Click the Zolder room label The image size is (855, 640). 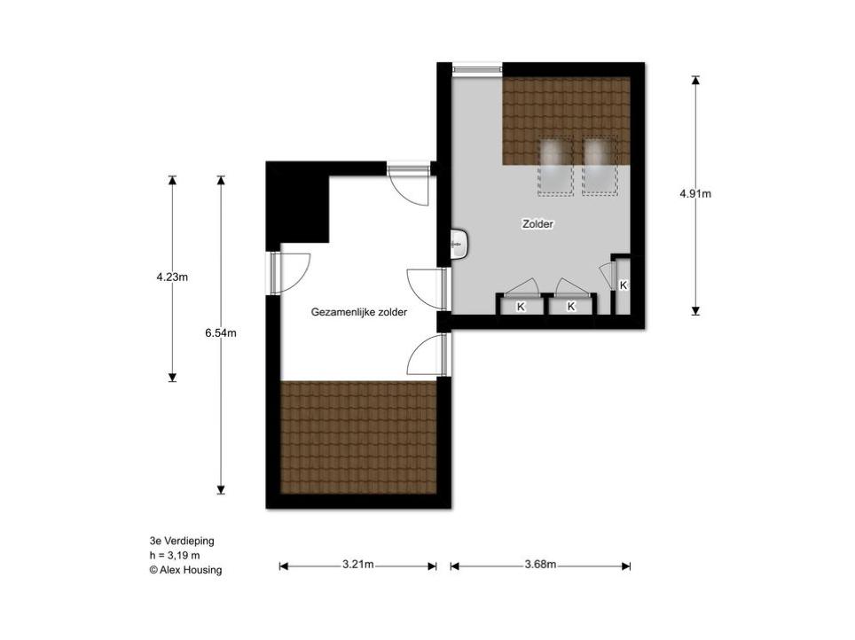point(537,224)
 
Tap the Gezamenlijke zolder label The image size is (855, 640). point(359,312)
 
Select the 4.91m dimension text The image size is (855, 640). point(695,193)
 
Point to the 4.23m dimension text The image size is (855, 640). point(172,277)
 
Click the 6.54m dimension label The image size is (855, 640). point(221,332)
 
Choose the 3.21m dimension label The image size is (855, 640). point(358,565)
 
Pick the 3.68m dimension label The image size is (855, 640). point(540,565)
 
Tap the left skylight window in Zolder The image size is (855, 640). point(555,166)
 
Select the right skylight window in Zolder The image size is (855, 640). point(600,166)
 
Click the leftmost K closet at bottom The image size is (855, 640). point(521,307)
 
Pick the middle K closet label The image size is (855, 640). point(571,307)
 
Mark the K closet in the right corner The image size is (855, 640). point(623,285)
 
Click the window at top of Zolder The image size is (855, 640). point(477,69)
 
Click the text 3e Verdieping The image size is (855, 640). point(182,541)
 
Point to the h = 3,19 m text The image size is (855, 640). point(175,556)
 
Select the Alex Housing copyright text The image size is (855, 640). point(185,570)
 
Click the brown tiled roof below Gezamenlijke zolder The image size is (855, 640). point(358,437)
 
